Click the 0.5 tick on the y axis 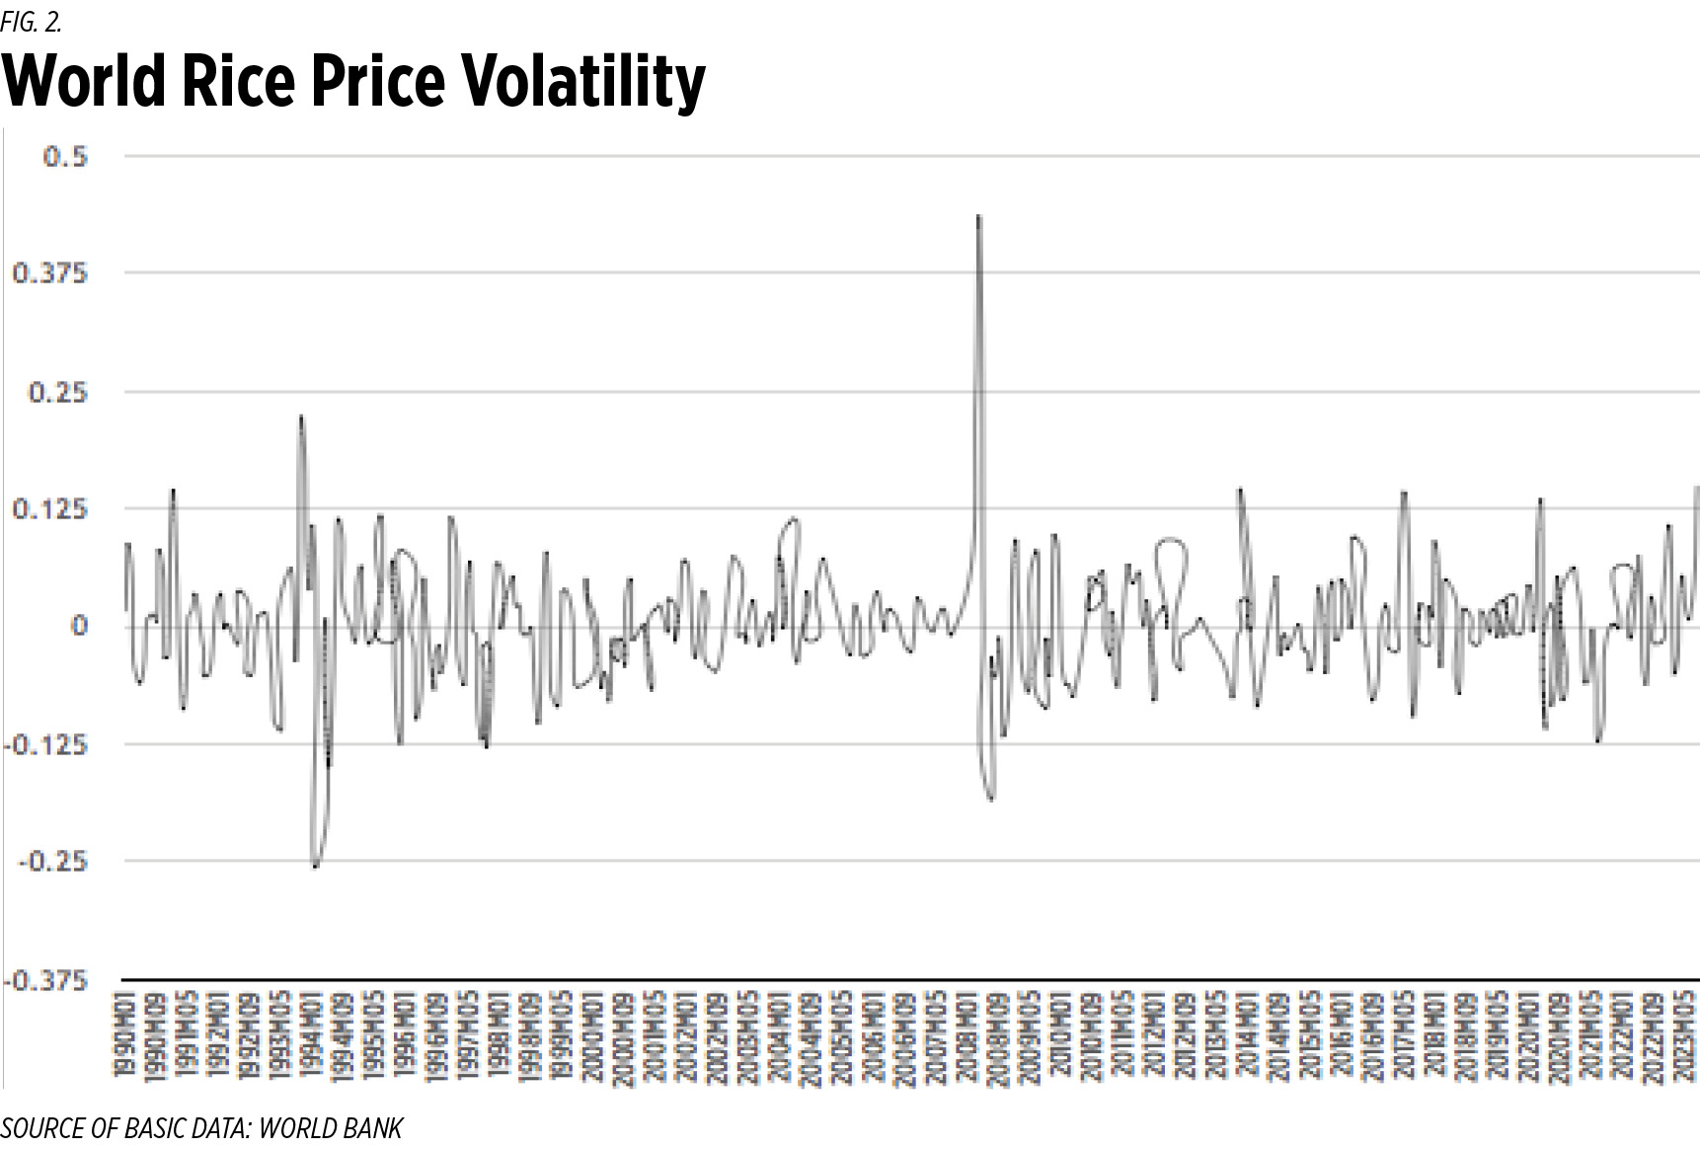click(x=65, y=156)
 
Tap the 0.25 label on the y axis click(x=57, y=392)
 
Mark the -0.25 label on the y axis click(x=53, y=862)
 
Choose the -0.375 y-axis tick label click(x=45, y=980)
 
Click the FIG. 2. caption click(x=31, y=19)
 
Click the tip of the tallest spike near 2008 click(x=978, y=215)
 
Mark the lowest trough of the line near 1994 click(x=315, y=867)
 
